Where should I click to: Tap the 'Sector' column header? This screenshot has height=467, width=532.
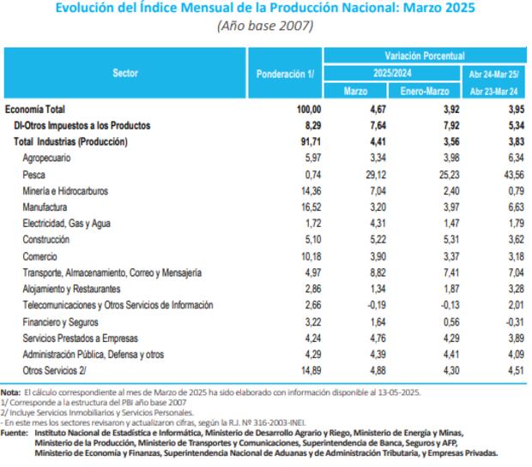tap(125, 74)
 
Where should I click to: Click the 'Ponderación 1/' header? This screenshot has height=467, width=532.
tap(286, 74)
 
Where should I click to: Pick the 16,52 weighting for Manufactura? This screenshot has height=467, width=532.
tap(308, 207)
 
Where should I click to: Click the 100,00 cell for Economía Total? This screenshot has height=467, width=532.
tap(306, 109)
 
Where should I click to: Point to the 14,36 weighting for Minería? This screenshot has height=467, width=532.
tap(308, 190)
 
